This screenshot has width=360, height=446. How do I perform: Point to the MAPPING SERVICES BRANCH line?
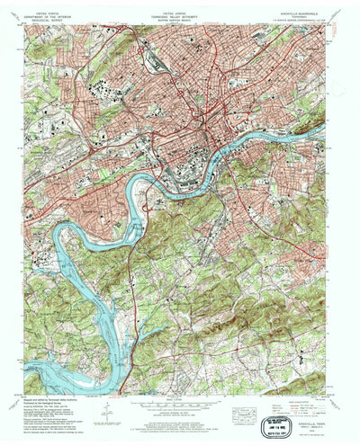176,22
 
